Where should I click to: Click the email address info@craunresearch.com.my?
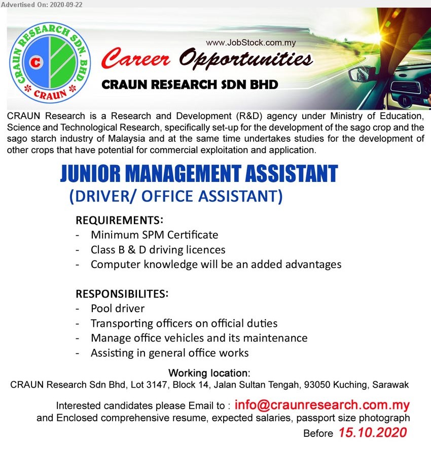(x=322, y=405)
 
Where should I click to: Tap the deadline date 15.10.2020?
(x=373, y=432)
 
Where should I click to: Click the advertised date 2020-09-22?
(x=66, y=5)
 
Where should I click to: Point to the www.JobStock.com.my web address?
(x=250, y=43)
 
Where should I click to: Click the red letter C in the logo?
(x=36, y=62)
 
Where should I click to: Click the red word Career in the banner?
(x=135, y=59)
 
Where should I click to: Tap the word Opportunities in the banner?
(x=246, y=59)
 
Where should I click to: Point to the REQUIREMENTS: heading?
(x=120, y=220)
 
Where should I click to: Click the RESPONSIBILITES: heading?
(x=122, y=294)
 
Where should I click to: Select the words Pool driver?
(x=118, y=309)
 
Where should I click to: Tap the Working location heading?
(x=209, y=373)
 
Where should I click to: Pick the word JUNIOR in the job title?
(x=90, y=173)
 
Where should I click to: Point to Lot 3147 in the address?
(x=149, y=385)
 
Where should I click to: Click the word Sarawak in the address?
(x=390, y=385)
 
